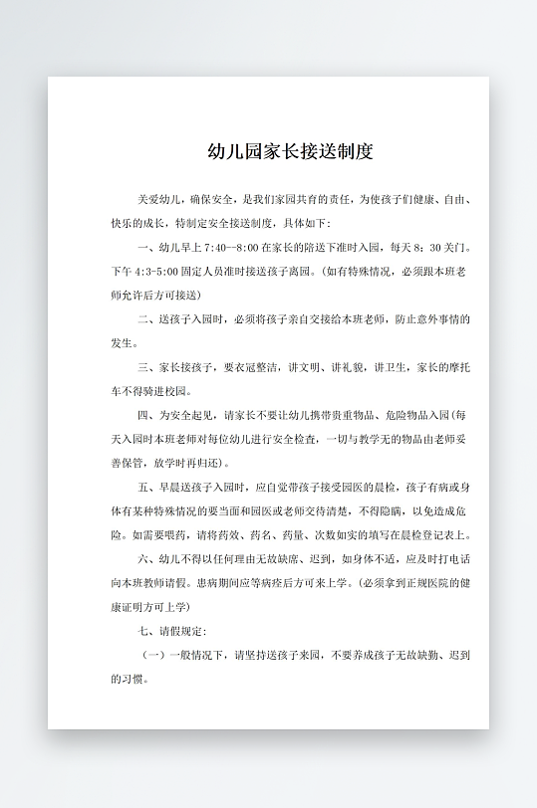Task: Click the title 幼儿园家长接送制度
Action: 289,152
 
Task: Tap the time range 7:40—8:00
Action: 232,246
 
